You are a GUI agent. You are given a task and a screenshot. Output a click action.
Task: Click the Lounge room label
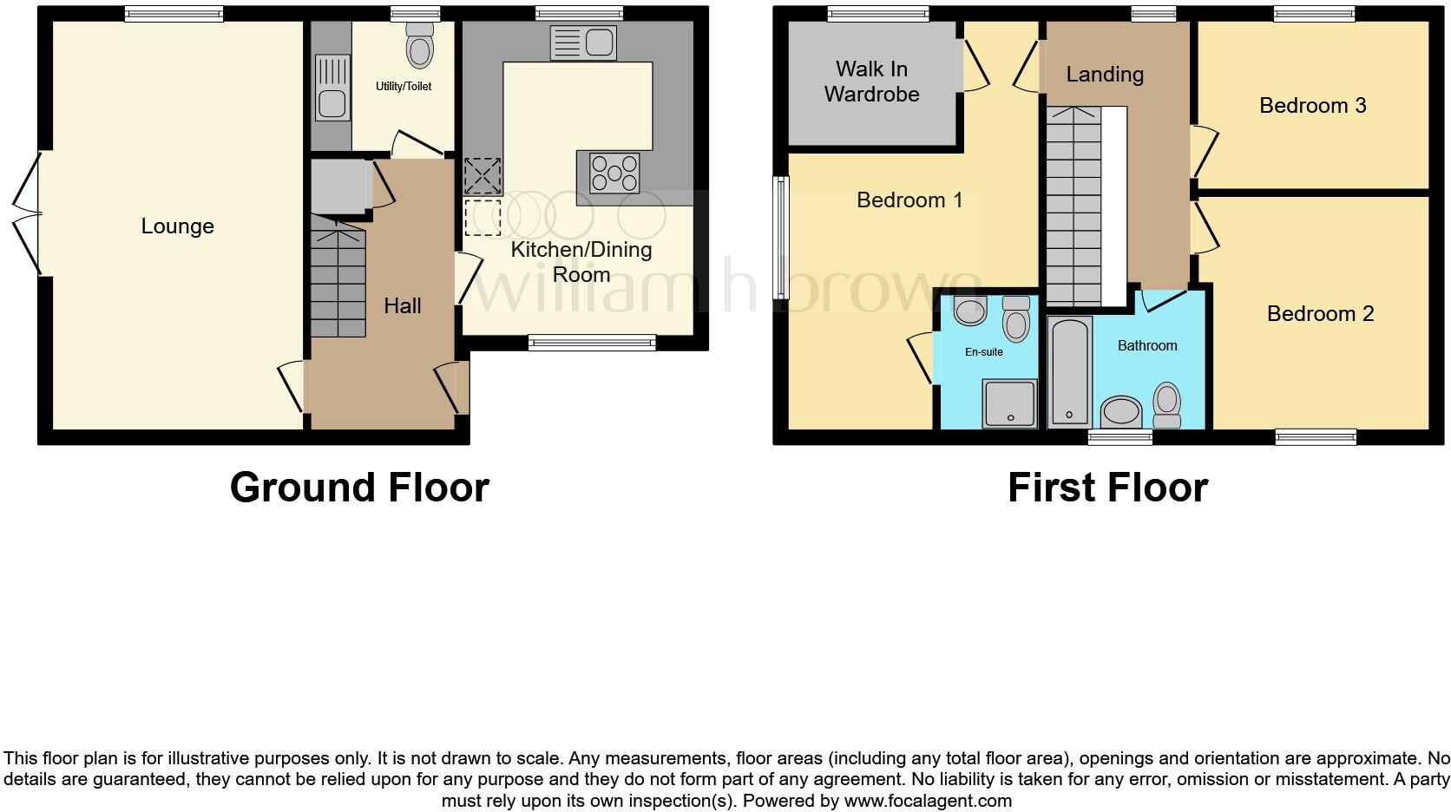click(177, 226)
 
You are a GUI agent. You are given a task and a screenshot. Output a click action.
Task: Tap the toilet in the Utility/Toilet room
click(420, 46)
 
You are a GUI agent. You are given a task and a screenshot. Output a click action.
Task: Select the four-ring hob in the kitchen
click(614, 173)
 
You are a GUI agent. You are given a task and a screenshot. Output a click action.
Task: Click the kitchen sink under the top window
click(583, 43)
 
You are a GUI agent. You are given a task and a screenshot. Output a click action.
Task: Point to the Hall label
click(403, 305)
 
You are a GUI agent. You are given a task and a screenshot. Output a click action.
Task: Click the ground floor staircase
click(338, 282)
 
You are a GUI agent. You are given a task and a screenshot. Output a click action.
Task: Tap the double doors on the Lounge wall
click(29, 213)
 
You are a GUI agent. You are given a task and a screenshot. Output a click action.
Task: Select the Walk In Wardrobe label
click(871, 82)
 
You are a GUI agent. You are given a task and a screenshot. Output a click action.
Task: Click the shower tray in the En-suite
click(1010, 403)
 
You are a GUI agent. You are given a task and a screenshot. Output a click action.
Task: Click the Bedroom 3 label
click(1312, 106)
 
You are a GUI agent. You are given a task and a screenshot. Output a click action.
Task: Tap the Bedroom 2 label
click(1320, 313)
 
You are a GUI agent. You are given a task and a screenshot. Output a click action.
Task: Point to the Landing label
click(1105, 75)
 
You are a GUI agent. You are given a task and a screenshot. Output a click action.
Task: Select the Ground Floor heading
click(359, 488)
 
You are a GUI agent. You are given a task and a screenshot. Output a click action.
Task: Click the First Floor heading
click(1107, 488)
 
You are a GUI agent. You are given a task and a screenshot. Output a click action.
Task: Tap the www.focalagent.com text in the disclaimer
click(928, 801)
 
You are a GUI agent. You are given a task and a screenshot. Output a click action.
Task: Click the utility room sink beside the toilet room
click(332, 87)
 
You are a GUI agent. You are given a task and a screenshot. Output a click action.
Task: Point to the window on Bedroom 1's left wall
click(781, 238)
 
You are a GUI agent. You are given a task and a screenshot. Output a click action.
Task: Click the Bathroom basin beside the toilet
click(1121, 412)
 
